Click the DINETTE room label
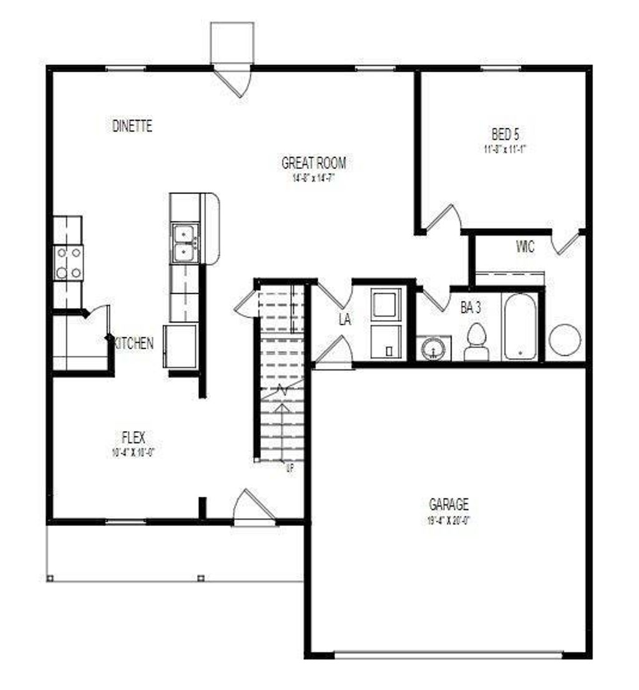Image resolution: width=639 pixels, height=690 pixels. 132,126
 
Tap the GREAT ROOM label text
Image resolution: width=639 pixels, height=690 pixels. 314,163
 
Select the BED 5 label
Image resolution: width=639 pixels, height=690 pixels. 505,134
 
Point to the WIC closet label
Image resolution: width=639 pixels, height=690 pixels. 525,246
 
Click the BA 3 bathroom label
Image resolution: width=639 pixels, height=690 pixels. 471,307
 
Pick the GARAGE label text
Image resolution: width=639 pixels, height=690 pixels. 449,504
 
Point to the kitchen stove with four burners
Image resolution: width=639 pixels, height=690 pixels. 68,263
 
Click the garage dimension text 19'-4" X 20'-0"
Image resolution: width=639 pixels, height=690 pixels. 449,520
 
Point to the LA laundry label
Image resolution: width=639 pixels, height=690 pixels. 344,320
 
